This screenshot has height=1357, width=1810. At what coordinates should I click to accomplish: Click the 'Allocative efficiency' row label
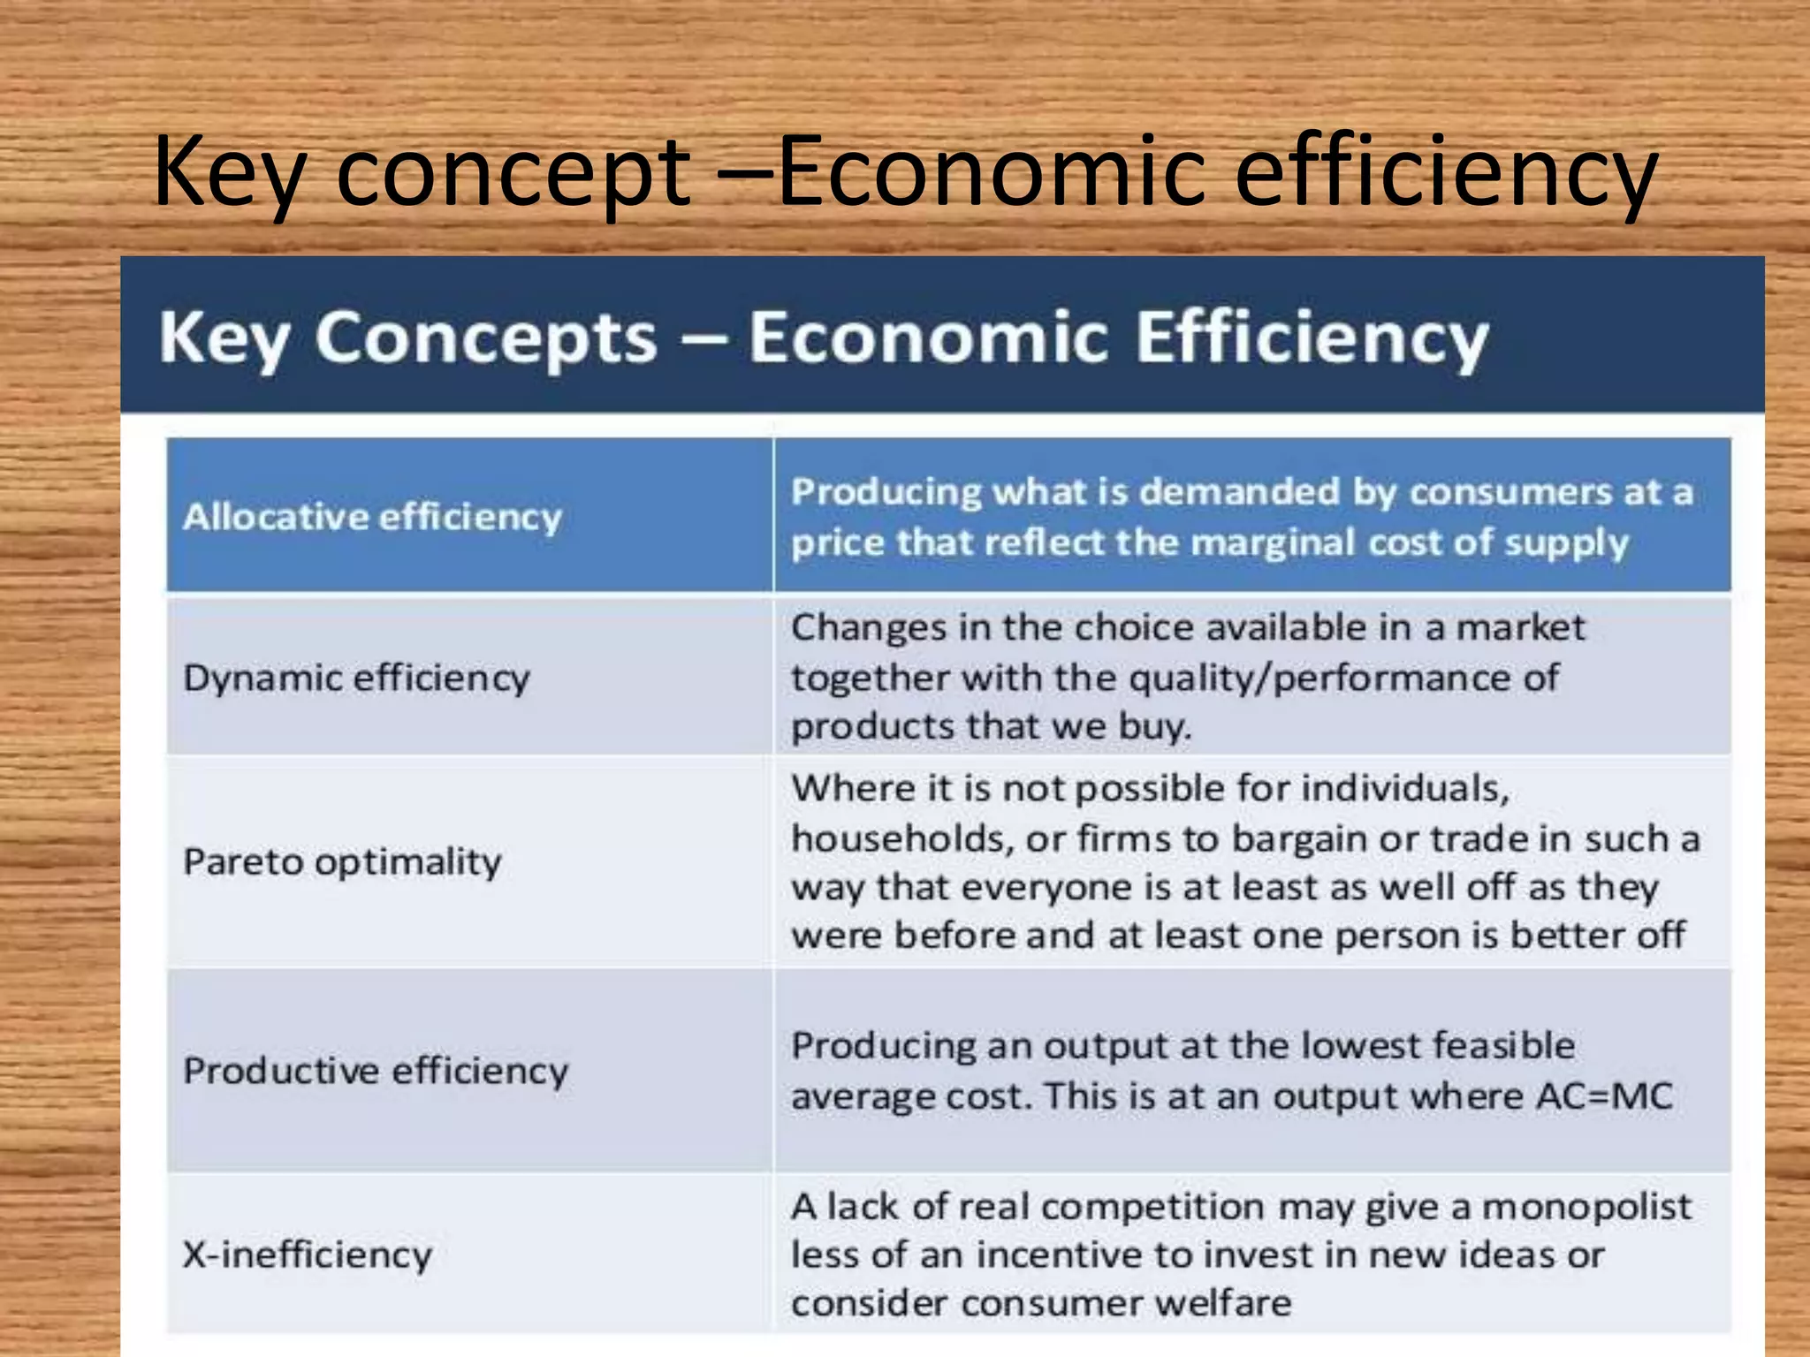(372, 517)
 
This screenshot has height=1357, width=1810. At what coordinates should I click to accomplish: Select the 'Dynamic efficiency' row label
(356, 678)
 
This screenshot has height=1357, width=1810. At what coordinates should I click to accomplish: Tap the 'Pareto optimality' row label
(342, 861)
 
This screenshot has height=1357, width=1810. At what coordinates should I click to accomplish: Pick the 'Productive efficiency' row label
(376, 1071)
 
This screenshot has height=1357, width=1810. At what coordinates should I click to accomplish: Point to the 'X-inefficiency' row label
(308, 1255)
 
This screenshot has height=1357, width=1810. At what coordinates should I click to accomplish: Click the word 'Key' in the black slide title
(230, 171)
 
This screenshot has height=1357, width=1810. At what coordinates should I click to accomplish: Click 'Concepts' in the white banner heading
(486, 337)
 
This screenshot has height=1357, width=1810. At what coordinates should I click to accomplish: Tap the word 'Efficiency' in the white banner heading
(1312, 337)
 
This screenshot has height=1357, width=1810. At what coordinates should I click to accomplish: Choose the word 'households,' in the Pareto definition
(901, 838)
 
